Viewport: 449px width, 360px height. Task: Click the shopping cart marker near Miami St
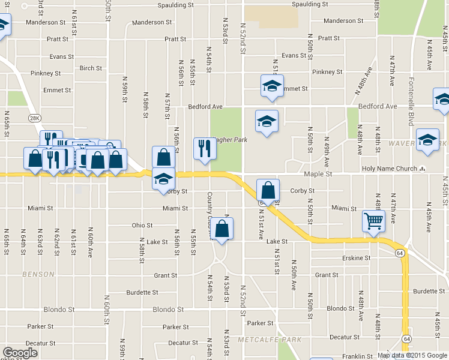[x=373, y=221]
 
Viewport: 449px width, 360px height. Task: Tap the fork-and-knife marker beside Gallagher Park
[x=205, y=148]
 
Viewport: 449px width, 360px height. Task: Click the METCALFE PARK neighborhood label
[x=269, y=340]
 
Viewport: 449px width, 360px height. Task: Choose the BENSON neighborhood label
[x=38, y=274]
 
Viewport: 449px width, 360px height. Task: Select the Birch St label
[x=91, y=68]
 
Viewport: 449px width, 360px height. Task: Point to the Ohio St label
[x=142, y=226]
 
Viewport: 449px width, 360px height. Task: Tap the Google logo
[x=20, y=352]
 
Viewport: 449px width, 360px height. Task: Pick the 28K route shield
[x=35, y=118]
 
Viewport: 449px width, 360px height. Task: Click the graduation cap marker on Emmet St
[x=272, y=86]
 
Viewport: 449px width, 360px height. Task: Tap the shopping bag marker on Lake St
[x=221, y=229]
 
